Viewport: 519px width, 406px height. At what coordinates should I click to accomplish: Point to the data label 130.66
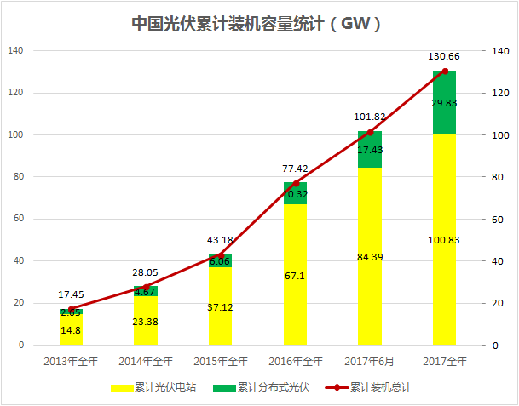coord(444,56)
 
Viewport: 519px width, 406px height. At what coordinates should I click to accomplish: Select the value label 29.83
coord(444,102)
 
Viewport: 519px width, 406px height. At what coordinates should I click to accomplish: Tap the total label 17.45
coord(72,294)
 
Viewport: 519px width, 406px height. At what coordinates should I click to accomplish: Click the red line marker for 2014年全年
coord(147,287)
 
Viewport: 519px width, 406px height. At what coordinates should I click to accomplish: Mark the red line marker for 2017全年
coord(444,71)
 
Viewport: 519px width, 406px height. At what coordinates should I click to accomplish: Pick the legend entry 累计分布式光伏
coord(273,387)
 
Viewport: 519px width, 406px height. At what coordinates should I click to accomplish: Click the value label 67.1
coord(296,276)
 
